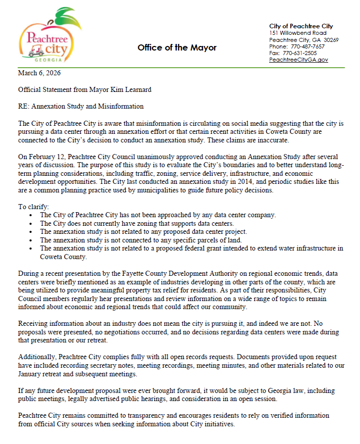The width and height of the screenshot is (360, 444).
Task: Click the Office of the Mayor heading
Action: click(x=177, y=47)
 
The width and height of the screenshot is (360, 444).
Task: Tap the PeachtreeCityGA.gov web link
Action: click(x=298, y=60)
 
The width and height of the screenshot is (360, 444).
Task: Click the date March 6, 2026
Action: click(x=39, y=73)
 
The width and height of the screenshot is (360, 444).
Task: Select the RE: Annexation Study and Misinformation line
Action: click(x=81, y=107)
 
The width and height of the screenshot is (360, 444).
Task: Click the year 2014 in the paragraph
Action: click(x=226, y=183)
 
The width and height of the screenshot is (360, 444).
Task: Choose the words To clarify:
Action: click(x=34, y=207)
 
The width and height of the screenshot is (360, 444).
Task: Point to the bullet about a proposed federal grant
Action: click(x=192, y=248)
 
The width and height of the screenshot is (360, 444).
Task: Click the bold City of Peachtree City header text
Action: click(x=301, y=26)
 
